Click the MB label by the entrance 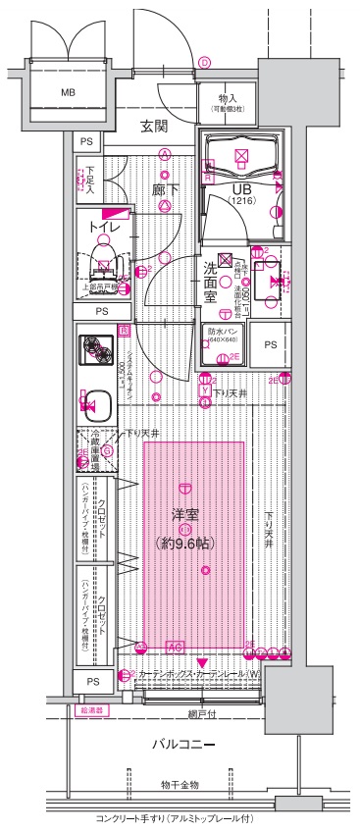click(x=68, y=93)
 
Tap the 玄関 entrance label click(x=154, y=126)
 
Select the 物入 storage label click(x=227, y=100)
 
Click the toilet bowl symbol click(x=104, y=265)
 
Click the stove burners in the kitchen click(x=97, y=349)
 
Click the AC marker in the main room click(x=176, y=647)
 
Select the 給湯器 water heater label click(x=86, y=708)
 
